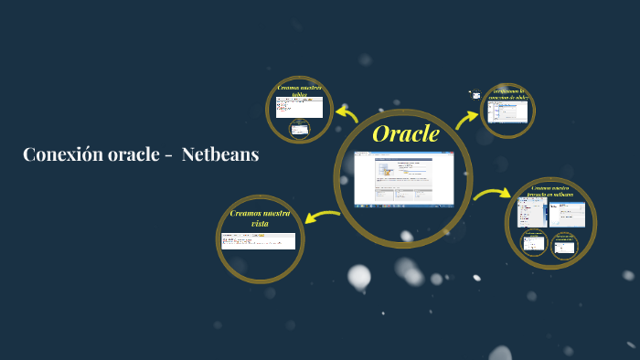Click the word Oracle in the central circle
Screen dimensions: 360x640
(405, 134)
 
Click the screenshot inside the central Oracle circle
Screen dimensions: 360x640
(403, 178)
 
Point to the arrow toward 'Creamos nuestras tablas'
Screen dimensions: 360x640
(347, 113)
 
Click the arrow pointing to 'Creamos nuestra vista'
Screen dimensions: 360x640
(320, 216)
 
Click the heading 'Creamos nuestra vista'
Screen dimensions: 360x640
(261, 217)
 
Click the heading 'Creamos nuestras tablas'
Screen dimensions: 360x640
(299, 90)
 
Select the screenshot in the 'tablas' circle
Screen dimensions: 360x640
(299, 109)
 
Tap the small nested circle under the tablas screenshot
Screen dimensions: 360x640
(299, 129)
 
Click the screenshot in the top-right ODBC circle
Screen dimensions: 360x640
(507, 112)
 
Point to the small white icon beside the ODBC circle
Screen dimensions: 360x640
(475, 94)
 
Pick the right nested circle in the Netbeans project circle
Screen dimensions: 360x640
(564, 245)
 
